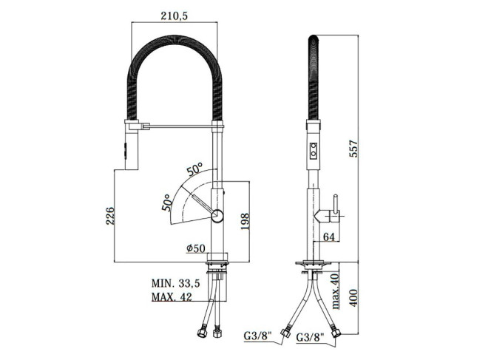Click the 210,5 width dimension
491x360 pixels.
coord(174,16)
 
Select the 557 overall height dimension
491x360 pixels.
coord(353,149)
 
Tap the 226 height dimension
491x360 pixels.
coord(110,216)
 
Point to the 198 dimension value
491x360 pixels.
coord(245,222)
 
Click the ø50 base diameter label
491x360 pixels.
coord(196,248)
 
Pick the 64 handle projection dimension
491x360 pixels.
coord(329,237)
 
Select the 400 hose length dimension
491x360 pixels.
coord(353,298)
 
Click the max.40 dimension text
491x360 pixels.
coord(335,291)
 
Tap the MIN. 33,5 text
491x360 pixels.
coord(176,283)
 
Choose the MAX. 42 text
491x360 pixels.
coord(172,296)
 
